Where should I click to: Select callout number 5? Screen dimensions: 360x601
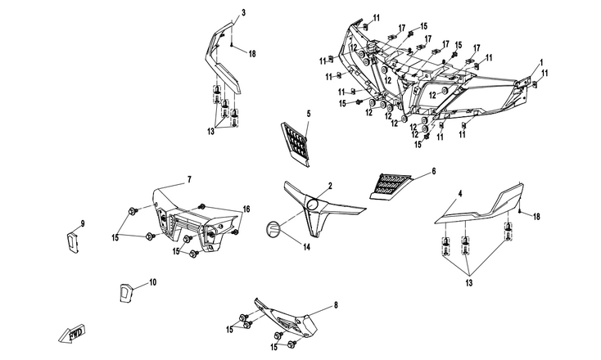309,112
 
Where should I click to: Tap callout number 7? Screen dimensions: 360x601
188,178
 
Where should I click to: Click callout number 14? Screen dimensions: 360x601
305,246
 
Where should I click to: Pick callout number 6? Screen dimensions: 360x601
433,171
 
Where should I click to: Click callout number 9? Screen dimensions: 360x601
82,223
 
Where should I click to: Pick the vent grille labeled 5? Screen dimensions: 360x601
294,141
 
